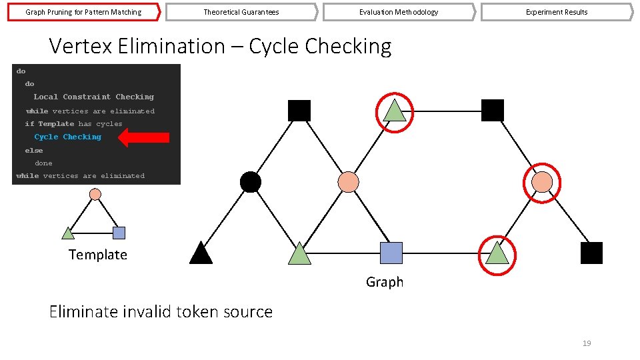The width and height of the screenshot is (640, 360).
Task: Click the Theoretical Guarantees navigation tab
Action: [241, 12]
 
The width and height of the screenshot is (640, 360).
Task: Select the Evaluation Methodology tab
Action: [399, 12]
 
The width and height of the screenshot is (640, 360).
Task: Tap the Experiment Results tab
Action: [557, 12]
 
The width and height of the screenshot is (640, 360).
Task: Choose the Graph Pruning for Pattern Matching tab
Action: [83, 12]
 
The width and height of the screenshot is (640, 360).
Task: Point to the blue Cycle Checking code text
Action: [68, 137]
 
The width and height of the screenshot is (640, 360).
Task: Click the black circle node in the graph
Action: [250, 181]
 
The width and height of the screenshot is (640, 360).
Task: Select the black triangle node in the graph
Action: [201, 253]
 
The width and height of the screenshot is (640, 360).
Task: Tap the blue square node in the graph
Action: [391, 253]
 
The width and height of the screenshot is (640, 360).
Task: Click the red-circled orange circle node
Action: [543, 181]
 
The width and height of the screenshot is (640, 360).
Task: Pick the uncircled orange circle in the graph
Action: [348, 181]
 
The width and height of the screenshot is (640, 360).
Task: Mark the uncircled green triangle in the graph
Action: [300, 254]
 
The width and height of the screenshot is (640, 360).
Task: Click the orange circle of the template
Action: [95, 194]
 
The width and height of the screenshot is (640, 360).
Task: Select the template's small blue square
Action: [119, 233]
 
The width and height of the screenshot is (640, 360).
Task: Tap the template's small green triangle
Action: [68, 233]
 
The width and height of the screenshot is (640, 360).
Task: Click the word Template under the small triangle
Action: [97, 255]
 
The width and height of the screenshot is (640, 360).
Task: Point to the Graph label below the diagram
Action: [385, 282]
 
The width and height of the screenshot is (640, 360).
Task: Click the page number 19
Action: [587, 343]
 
